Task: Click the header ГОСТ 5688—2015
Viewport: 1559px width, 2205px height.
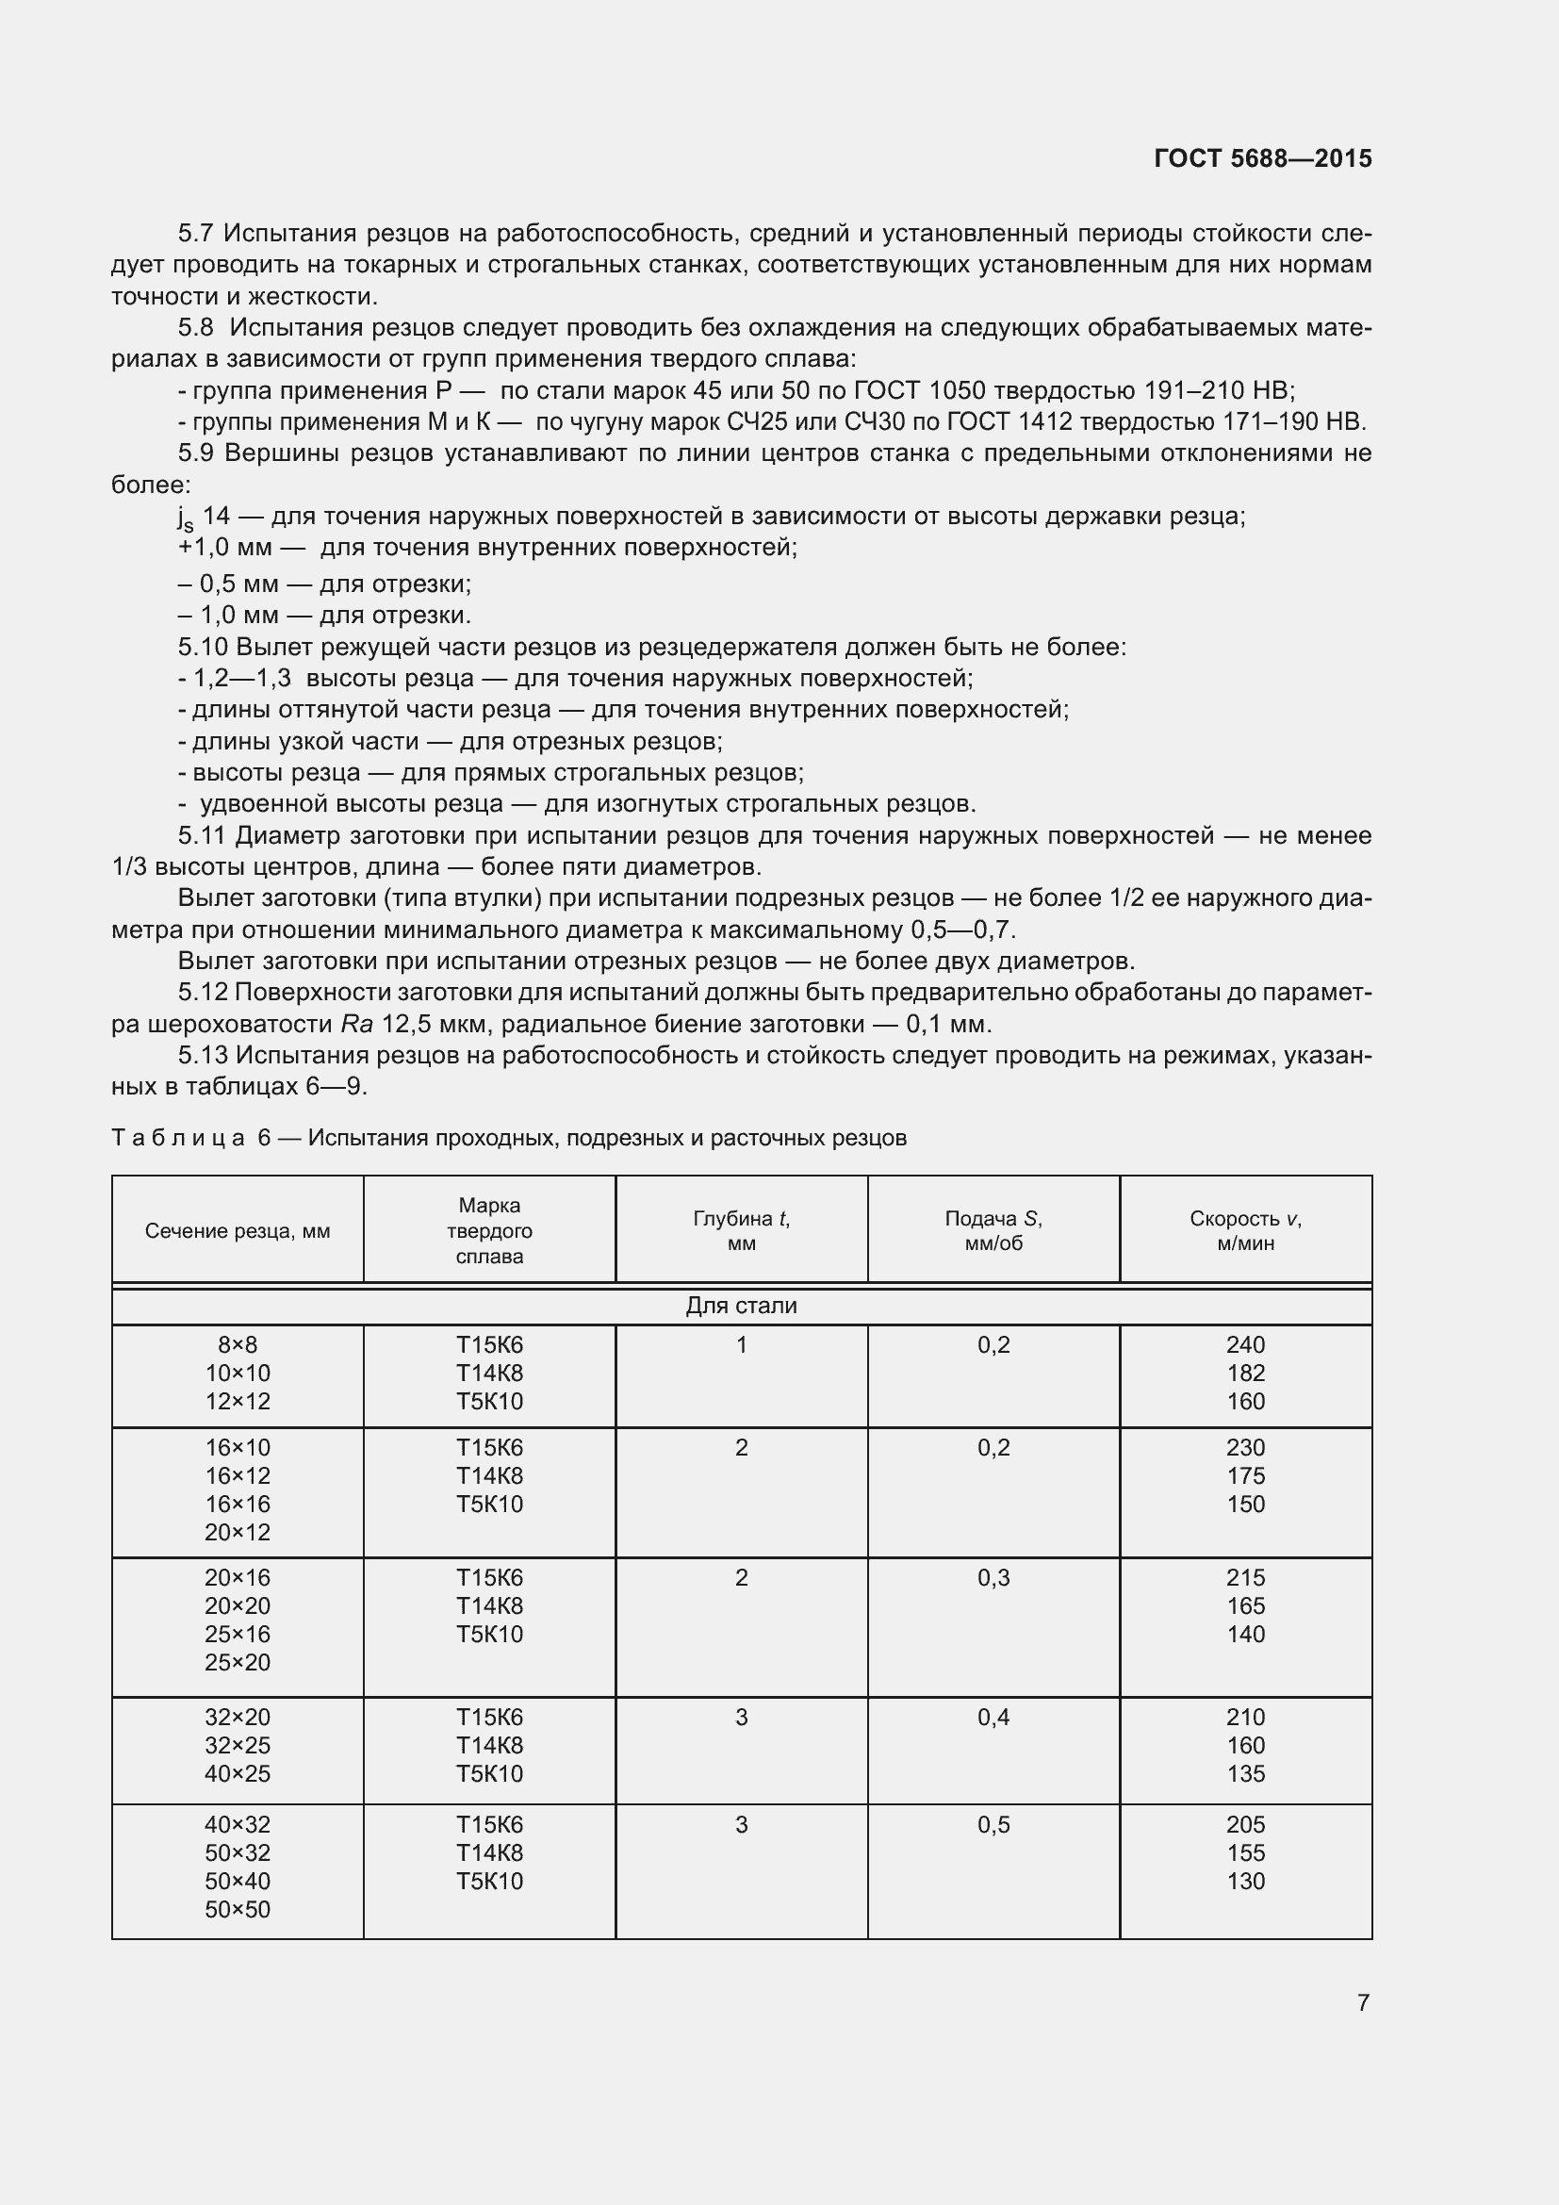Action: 1262,158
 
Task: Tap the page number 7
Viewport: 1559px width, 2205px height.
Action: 1363,2002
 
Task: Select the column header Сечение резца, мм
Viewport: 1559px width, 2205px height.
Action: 238,1231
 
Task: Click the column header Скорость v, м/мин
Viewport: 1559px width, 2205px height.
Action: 1245,1230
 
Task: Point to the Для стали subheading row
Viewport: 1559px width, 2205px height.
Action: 741,1306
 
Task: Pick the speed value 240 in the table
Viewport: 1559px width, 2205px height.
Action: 1245,1344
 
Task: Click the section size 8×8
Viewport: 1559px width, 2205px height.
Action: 238,1344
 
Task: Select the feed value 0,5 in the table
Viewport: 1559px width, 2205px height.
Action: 993,1825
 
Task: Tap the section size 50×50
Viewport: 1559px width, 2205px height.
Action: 238,1909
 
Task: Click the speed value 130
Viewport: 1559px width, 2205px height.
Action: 1245,1882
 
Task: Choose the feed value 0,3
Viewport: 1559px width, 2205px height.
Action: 993,1578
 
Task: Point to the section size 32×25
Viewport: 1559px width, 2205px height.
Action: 238,1745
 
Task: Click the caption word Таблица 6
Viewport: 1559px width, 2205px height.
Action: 191,1138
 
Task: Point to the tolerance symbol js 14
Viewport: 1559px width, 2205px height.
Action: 203,518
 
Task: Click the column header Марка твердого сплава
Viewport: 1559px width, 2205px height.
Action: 489,1230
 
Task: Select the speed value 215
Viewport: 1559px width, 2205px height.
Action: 1245,1578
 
